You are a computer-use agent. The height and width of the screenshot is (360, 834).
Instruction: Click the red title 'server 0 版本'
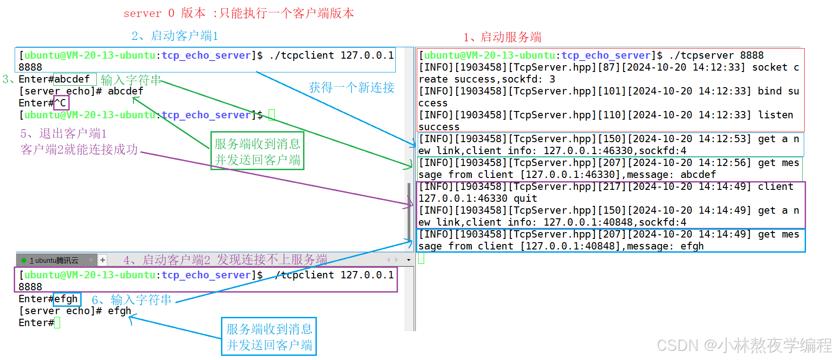click(164, 13)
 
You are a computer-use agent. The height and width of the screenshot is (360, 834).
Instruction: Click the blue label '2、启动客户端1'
click(175, 36)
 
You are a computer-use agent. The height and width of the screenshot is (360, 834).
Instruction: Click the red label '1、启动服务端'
click(503, 37)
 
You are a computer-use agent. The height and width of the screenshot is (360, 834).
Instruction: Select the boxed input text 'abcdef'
click(72, 79)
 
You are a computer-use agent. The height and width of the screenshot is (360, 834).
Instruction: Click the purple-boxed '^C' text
click(61, 103)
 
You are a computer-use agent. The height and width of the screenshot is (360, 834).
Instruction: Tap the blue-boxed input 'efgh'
click(66, 299)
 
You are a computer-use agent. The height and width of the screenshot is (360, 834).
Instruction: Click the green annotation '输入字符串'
click(131, 80)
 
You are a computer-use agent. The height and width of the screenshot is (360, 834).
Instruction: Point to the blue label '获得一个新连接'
click(352, 87)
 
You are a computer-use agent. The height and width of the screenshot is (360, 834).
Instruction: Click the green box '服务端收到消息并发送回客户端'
click(257, 151)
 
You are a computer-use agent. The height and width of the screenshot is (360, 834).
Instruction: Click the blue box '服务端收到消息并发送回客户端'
click(269, 336)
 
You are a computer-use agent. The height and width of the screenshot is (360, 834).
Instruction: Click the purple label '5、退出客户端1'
click(64, 133)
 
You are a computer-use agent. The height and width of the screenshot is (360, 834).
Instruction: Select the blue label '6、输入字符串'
click(132, 300)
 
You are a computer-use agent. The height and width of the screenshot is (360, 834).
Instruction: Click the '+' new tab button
click(103, 260)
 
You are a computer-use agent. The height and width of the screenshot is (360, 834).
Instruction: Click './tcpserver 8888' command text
click(717, 55)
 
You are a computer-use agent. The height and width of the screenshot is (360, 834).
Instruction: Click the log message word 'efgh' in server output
click(692, 246)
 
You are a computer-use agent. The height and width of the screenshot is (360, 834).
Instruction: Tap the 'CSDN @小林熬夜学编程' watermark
click(744, 345)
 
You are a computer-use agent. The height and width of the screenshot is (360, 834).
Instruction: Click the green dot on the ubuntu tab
click(24, 260)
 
